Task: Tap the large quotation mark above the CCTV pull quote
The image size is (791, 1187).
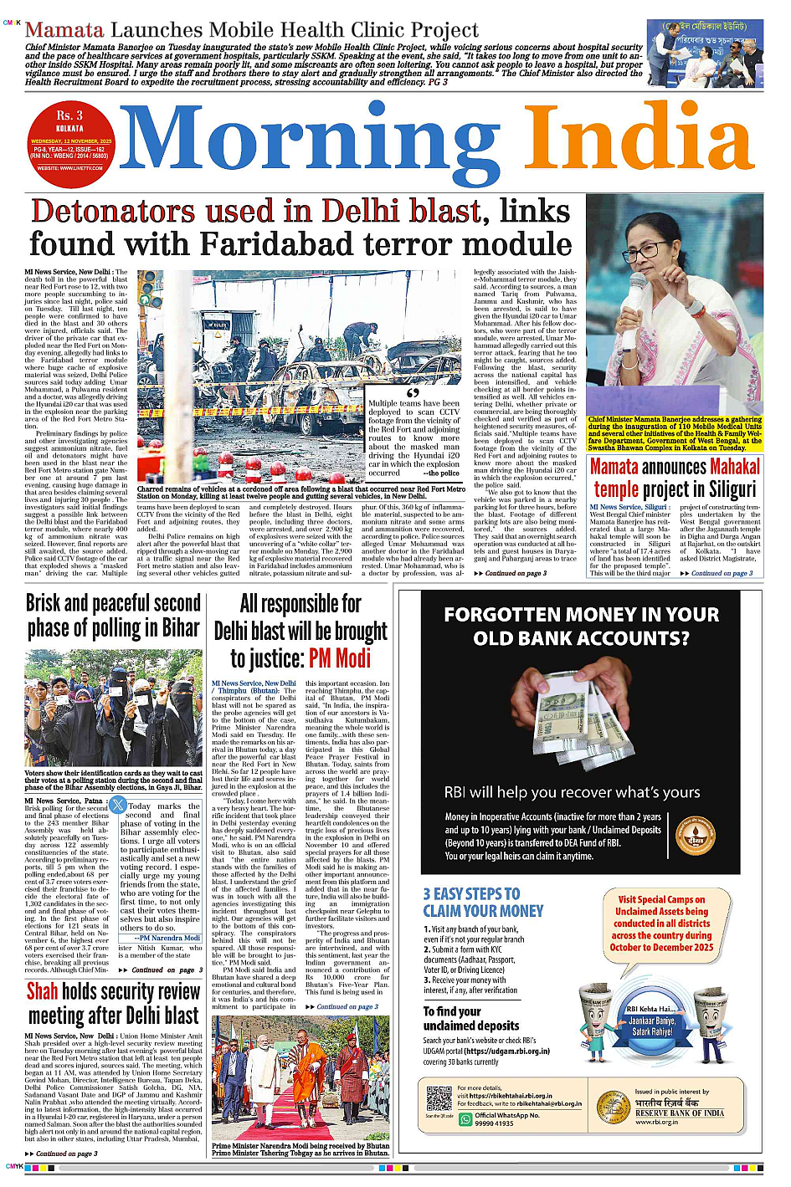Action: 412,392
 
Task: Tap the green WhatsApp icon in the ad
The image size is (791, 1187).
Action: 465,1119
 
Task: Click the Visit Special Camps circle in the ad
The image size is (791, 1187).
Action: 661,924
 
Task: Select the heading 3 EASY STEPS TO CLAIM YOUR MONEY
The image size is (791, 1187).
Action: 483,903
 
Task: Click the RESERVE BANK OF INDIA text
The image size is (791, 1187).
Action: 680,1113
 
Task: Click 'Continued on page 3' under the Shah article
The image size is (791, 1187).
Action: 66,1154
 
